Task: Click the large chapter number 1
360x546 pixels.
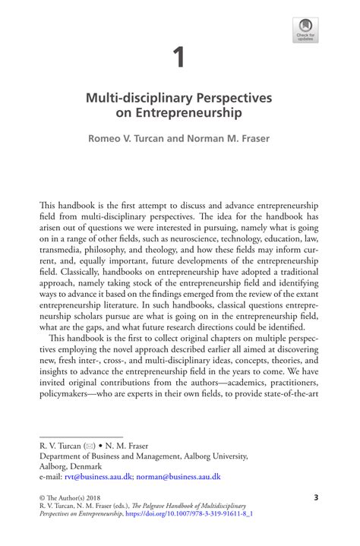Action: pos(179,56)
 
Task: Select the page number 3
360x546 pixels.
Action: pos(315,497)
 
